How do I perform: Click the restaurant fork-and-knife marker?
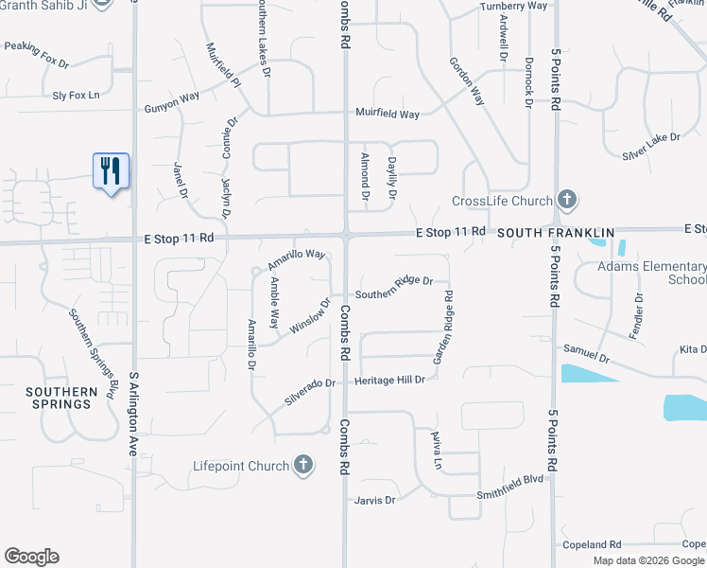[x=112, y=171]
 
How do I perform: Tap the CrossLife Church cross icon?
[x=567, y=200]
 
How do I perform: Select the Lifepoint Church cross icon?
[x=302, y=464]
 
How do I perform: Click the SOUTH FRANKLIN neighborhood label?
[x=556, y=232]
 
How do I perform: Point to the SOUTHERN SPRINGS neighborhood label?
[x=61, y=398]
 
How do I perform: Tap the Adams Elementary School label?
[x=652, y=273]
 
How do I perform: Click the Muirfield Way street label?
[x=388, y=114]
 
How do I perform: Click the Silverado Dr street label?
[x=311, y=393]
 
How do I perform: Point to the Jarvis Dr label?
[x=375, y=499]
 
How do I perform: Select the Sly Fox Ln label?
[x=77, y=95]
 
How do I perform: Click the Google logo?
[x=31, y=557]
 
